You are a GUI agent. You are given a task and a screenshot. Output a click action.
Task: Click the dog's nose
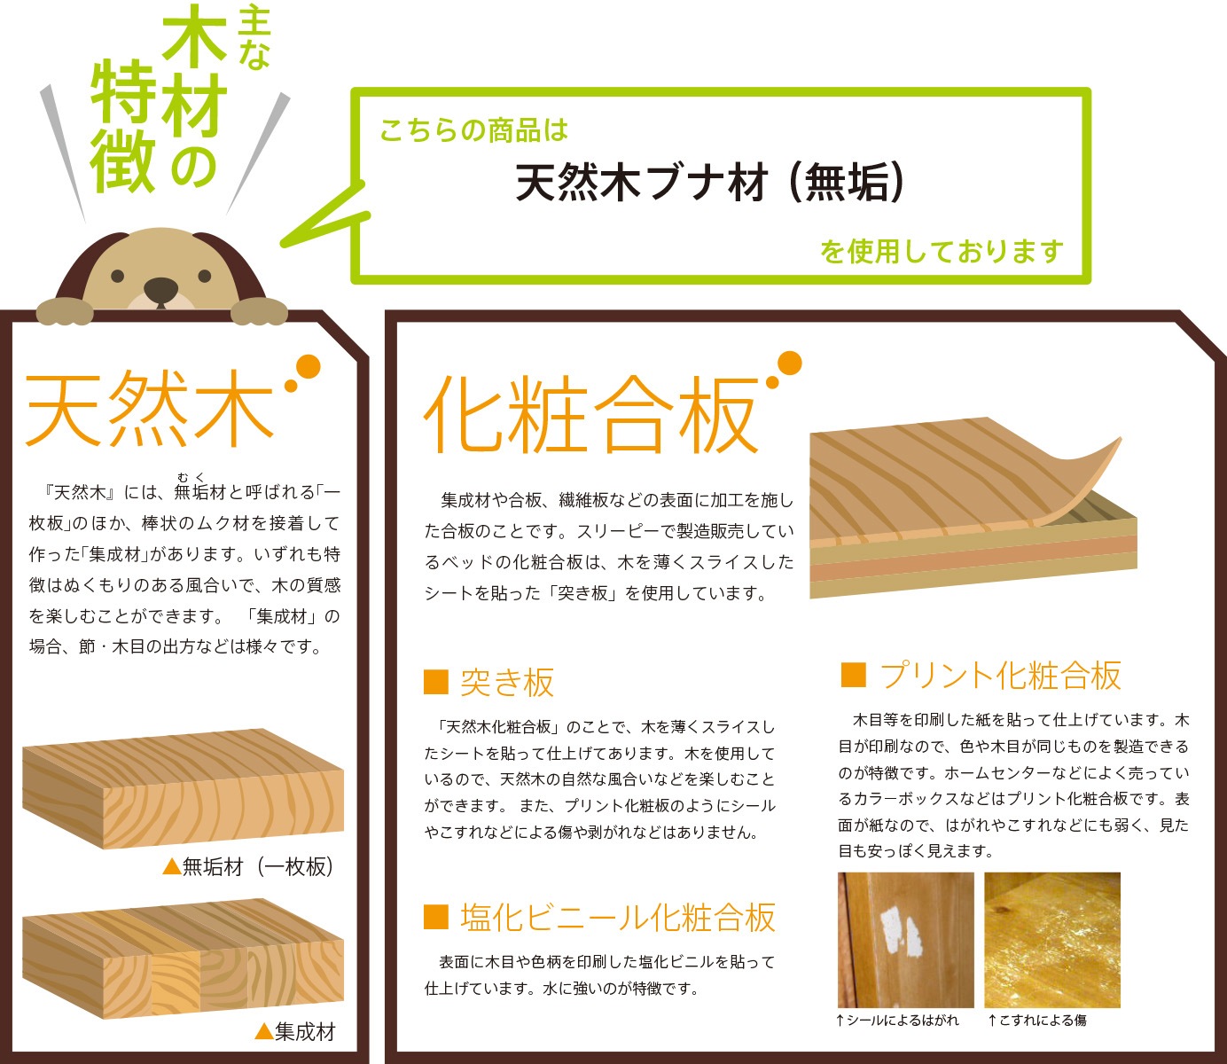click(160, 288)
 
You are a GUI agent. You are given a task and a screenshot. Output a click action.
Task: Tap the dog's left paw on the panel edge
click(65, 310)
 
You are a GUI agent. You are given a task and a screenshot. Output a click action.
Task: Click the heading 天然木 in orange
click(149, 409)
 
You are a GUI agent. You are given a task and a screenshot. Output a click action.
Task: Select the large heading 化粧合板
click(592, 416)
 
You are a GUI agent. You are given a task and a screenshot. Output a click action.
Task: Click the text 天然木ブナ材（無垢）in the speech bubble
click(710, 184)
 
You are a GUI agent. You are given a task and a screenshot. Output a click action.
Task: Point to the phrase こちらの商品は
click(473, 131)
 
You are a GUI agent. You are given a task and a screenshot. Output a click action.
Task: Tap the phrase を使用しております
click(942, 252)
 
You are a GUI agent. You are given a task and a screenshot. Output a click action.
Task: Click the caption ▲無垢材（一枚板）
click(249, 866)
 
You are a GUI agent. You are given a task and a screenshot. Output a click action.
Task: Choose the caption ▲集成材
click(295, 1031)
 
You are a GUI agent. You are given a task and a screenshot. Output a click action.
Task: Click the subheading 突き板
click(507, 682)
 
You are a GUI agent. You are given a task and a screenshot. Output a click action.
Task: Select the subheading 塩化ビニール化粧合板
click(618, 918)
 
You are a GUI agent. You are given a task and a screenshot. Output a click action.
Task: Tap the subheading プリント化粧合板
click(1001, 676)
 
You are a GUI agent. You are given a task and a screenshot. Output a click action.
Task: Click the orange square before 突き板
click(436, 682)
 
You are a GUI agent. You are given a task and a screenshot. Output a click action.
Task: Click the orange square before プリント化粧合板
click(853, 675)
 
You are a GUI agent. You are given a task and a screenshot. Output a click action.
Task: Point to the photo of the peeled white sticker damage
click(905, 939)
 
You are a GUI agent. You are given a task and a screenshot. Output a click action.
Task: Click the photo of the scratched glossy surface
click(1052, 939)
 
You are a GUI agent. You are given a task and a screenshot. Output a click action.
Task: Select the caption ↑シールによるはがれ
click(896, 1021)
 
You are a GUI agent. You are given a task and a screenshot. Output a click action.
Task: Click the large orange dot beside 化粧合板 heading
click(788, 363)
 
